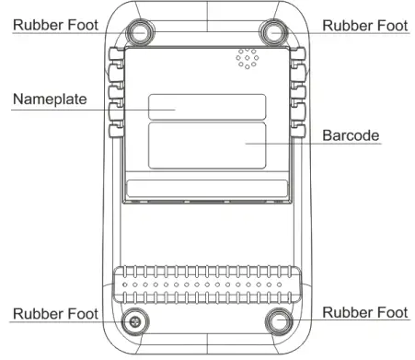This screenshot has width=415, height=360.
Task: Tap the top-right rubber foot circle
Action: (x=274, y=31)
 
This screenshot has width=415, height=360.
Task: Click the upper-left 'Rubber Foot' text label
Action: (x=54, y=26)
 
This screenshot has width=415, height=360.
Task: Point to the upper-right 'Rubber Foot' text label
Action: (x=365, y=26)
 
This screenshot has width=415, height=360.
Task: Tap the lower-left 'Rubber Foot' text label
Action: (x=54, y=314)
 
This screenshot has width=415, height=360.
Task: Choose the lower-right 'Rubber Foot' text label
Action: (x=365, y=313)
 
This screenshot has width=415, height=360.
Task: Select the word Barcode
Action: (x=351, y=135)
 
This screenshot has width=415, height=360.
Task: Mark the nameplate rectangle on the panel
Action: (x=208, y=106)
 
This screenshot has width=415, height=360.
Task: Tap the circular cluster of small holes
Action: (x=246, y=58)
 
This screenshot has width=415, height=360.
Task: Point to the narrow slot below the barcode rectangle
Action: (x=208, y=192)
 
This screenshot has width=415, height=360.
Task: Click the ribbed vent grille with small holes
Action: (x=208, y=286)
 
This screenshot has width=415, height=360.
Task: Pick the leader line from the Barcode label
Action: (x=285, y=144)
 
